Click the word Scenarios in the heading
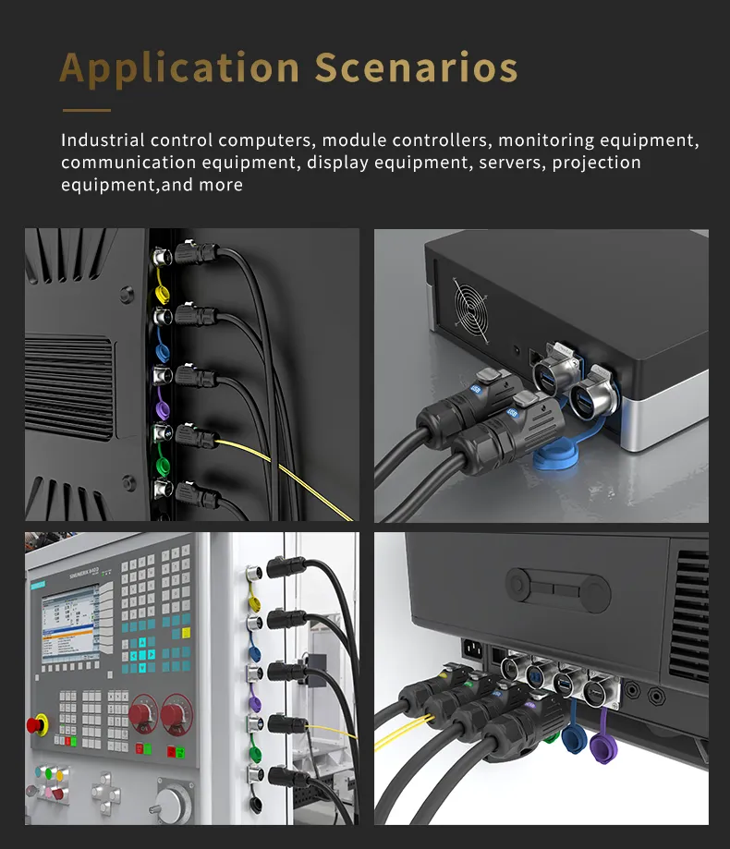point(416,69)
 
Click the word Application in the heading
point(180,69)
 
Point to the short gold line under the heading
point(86,110)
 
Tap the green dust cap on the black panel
point(163,462)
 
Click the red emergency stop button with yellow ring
point(37,723)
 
